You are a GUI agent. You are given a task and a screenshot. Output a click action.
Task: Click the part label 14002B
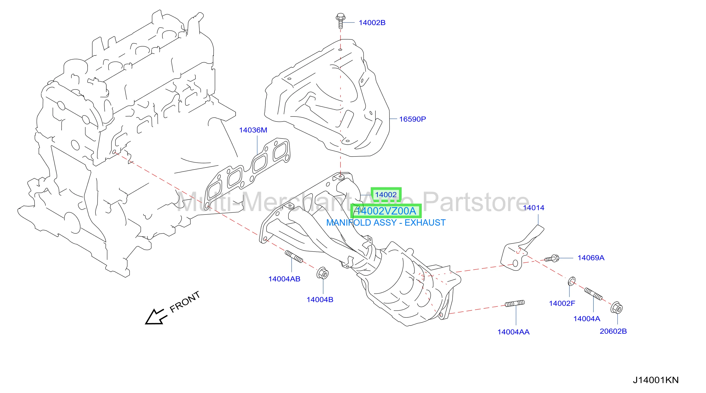coord(372,23)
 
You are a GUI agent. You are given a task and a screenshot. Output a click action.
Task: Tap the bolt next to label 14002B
coord(340,21)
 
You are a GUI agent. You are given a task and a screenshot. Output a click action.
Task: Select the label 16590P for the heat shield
coord(412,119)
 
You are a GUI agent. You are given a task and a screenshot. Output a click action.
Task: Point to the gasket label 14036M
coord(253,130)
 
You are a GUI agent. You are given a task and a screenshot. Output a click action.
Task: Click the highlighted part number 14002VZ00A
coord(386,211)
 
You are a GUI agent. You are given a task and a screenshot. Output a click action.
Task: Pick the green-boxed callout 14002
coord(386,195)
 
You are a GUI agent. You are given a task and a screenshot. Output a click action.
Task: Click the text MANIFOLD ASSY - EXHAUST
coord(386,222)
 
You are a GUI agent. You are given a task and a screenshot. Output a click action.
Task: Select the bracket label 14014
coord(534,208)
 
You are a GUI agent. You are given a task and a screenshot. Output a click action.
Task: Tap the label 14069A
coord(591,258)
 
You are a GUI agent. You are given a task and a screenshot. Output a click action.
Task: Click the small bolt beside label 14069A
coord(551,258)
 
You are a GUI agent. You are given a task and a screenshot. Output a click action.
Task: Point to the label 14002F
coord(562,303)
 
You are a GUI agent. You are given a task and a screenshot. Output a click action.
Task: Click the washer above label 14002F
coord(572,281)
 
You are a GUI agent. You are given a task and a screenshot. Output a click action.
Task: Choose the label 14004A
coord(587,319)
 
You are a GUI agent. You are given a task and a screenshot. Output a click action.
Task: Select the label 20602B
coord(613,331)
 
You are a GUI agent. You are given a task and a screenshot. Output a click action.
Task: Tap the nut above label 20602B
coord(617,308)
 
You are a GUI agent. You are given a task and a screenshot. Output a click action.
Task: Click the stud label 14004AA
coord(513,332)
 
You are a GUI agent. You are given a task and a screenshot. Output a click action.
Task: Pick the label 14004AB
coord(284,279)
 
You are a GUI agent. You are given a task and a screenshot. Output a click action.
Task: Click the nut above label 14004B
coord(323,273)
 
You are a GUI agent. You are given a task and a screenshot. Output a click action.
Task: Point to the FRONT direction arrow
coord(156,317)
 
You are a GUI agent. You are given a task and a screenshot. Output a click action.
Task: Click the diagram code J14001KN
coord(655,380)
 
